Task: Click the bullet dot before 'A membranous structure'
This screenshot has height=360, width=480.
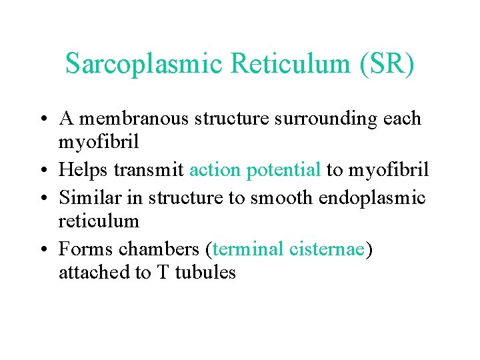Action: [45, 119]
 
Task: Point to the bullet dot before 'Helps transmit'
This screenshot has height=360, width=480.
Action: [45, 171]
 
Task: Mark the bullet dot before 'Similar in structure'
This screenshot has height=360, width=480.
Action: [45, 198]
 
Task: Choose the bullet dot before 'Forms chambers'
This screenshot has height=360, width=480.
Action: [45, 249]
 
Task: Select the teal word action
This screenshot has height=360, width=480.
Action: [216, 171]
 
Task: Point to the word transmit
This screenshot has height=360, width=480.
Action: [149, 171]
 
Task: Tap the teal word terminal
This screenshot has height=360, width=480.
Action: [249, 249]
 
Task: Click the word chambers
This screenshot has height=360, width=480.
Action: [161, 249]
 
